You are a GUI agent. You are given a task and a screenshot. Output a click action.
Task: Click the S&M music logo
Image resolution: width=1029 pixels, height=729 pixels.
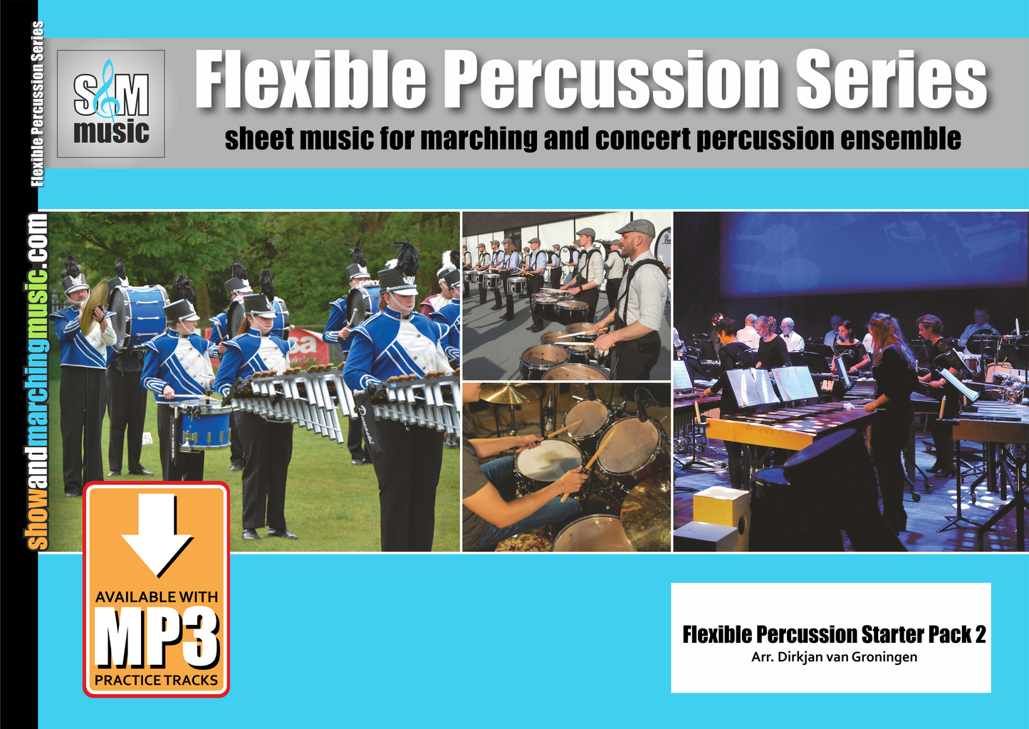click(x=111, y=104)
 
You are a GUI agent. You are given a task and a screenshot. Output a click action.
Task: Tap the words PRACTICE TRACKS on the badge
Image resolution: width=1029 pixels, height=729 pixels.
click(x=156, y=680)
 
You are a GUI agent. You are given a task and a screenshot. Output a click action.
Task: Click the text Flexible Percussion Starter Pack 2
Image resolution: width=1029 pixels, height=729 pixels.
click(x=834, y=634)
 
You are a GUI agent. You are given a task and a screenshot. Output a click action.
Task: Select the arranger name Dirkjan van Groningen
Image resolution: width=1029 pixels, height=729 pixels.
click(x=834, y=657)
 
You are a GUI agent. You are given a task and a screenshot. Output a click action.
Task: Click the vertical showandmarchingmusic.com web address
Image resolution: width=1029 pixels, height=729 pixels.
click(x=38, y=381)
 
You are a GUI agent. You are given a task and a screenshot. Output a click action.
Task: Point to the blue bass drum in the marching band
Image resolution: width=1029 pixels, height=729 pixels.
click(x=139, y=315)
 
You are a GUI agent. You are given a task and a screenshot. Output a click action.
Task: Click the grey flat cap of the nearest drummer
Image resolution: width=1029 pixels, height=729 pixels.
click(x=636, y=228)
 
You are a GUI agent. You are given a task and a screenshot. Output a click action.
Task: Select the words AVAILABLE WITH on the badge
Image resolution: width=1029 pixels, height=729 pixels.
click(x=157, y=597)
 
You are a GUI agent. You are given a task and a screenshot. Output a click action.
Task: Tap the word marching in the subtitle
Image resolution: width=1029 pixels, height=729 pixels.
click(x=479, y=138)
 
